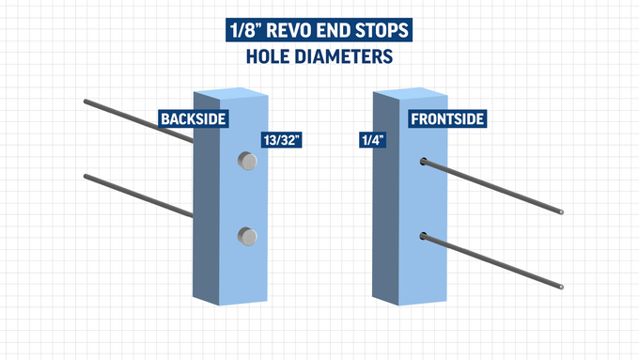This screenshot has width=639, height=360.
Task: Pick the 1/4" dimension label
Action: (372, 141)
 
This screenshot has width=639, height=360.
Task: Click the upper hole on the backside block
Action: (247, 162)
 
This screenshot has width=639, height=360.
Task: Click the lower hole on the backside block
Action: (247, 236)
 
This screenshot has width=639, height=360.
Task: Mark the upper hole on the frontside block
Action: (424, 162)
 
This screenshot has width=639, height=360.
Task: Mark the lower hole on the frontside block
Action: (424, 235)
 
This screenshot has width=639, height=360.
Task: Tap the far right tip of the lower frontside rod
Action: (563, 287)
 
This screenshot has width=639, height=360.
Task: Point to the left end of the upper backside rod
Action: (86, 101)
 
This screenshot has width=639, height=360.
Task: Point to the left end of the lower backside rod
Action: (86, 176)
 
